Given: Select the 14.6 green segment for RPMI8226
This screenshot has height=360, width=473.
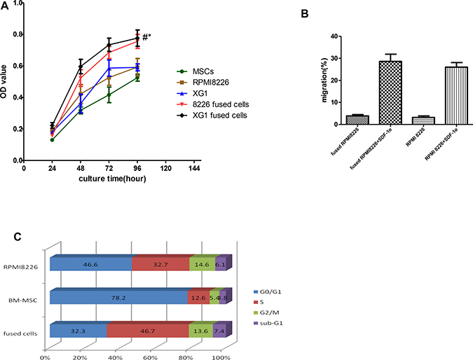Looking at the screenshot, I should [x=203, y=263].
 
